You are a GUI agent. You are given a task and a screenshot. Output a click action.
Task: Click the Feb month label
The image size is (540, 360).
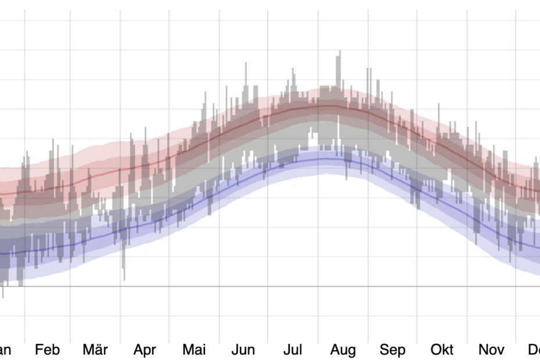(47, 350)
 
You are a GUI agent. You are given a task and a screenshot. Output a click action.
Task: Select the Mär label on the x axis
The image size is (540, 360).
(95, 350)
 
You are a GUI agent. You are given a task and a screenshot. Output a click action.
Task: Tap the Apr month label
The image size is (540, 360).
(145, 350)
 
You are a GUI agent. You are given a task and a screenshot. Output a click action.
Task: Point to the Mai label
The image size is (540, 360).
(194, 350)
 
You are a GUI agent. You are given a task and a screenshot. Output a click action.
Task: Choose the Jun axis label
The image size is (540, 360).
(243, 350)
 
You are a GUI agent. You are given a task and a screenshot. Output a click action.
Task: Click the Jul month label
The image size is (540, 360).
(293, 350)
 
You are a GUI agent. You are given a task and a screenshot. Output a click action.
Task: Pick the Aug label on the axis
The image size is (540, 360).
(343, 350)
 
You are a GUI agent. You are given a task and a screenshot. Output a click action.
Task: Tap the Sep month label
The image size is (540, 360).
(393, 350)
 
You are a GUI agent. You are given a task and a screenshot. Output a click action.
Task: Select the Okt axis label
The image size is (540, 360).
(442, 350)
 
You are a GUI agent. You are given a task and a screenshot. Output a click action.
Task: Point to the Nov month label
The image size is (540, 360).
(491, 350)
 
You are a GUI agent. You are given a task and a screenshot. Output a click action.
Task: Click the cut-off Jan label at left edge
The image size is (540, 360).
(5, 350)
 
